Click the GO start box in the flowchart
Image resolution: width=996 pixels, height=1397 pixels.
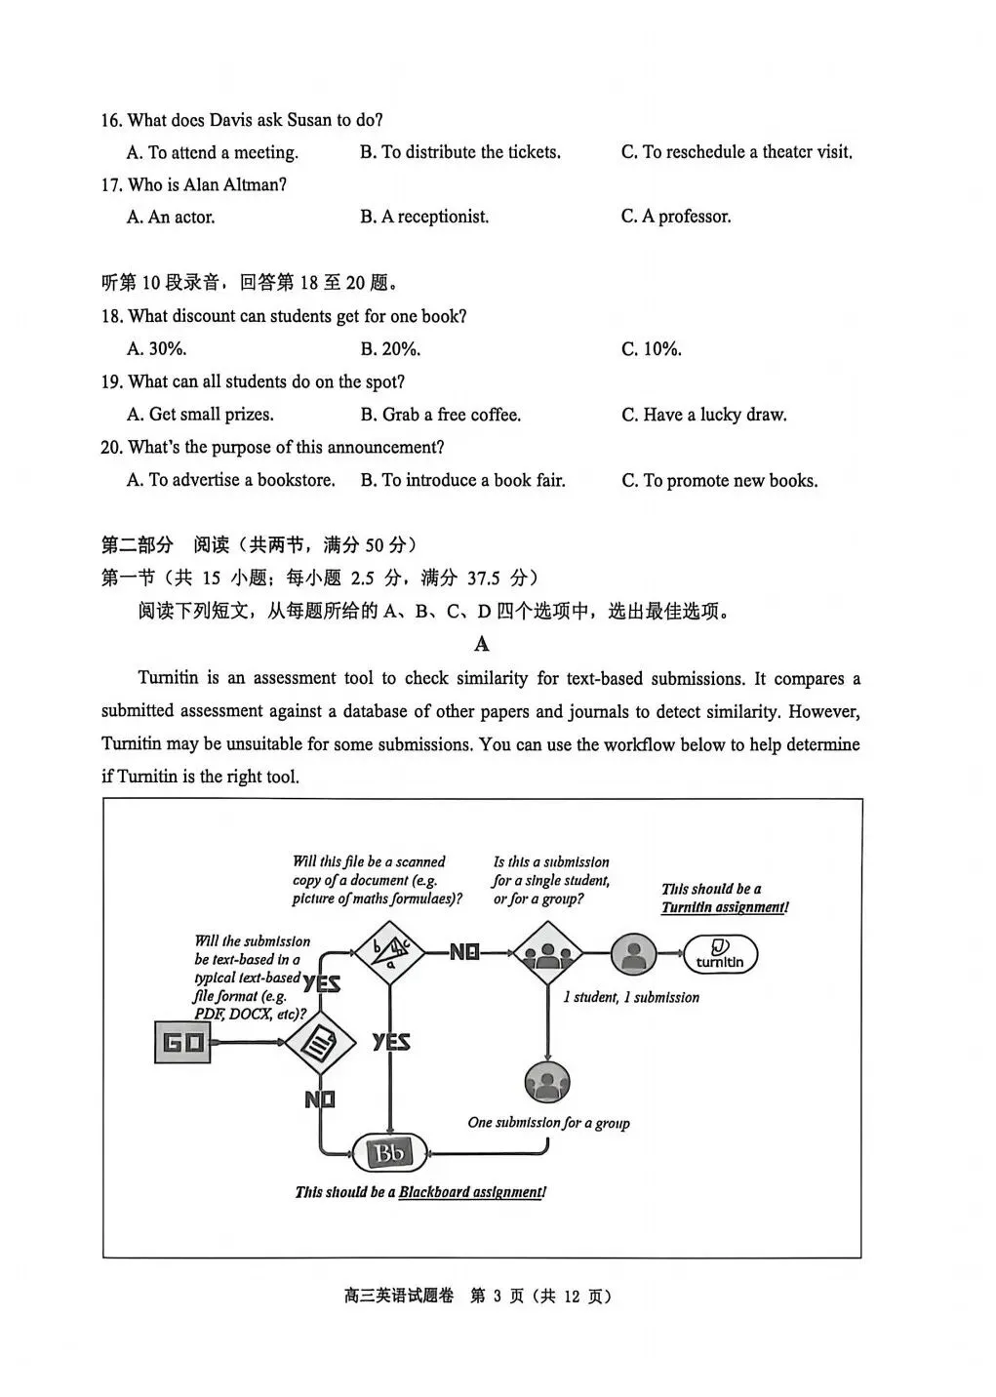[x=182, y=1042]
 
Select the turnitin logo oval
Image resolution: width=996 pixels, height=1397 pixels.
[x=720, y=954]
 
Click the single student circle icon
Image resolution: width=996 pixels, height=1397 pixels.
[x=634, y=954]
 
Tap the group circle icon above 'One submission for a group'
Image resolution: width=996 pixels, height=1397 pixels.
[x=547, y=1081]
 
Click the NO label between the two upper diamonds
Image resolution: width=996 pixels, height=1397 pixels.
[x=464, y=952]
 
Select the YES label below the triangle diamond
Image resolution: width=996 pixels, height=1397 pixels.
[x=391, y=1042]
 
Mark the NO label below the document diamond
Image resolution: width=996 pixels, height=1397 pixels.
[x=320, y=1099]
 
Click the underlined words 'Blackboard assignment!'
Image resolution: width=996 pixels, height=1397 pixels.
[x=472, y=1192]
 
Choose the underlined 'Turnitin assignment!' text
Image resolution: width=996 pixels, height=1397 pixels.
[x=725, y=907]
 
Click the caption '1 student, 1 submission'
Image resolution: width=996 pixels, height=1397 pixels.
[x=631, y=997]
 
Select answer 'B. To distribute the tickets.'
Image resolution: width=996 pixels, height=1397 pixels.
[x=460, y=152]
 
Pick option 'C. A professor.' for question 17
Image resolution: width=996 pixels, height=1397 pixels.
[x=676, y=217]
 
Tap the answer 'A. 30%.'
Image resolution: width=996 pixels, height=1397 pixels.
[x=157, y=348]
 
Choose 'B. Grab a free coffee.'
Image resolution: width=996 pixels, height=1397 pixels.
[x=441, y=415]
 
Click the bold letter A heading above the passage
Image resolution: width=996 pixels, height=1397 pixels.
[x=481, y=644]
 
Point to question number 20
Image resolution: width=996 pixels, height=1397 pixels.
[x=111, y=447]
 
